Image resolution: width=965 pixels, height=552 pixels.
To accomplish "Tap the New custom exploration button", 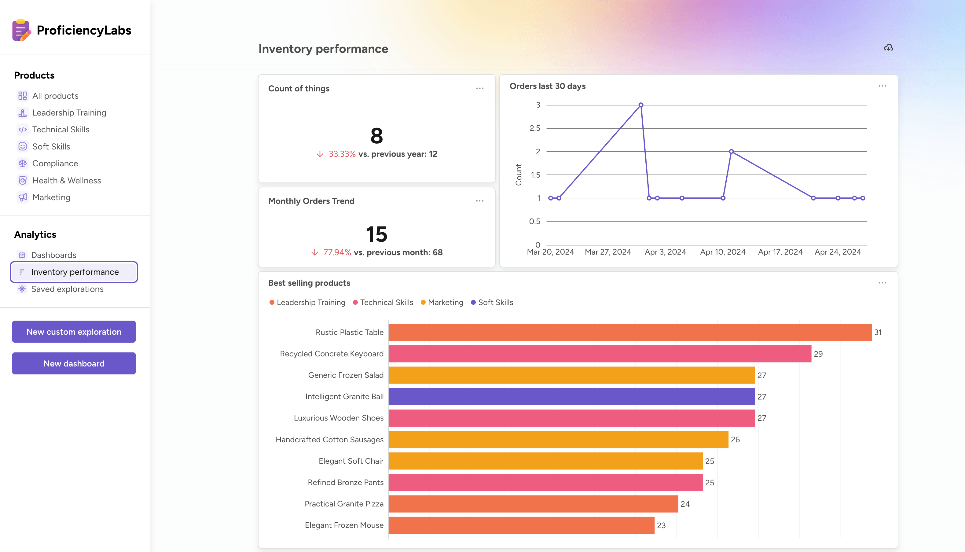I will pyautogui.click(x=74, y=331).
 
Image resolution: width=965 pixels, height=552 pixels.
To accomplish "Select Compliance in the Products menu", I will pyautogui.click(x=55, y=164).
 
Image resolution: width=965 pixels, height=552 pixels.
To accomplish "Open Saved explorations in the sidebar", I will pyautogui.click(x=67, y=289).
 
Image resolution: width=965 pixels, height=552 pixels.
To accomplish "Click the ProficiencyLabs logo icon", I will pyautogui.click(x=21, y=30).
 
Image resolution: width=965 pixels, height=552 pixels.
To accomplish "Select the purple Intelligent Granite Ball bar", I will pyautogui.click(x=571, y=396).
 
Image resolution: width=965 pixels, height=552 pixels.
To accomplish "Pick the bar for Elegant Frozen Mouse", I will pyautogui.click(x=521, y=525).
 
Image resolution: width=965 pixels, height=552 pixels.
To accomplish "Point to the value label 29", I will pyautogui.click(x=818, y=354).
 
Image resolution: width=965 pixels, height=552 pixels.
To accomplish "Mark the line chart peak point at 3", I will pyautogui.click(x=640, y=105).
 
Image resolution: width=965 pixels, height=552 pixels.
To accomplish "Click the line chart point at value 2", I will pyautogui.click(x=731, y=152).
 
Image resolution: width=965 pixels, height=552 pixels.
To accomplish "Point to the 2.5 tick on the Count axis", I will pyautogui.click(x=535, y=128).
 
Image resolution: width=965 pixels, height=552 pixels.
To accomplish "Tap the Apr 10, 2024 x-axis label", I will pyautogui.click(x=722, y=252).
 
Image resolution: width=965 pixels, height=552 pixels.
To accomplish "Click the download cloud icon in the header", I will pyautogui.click(x=888, y=48).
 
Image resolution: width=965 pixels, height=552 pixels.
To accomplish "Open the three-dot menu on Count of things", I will pyautogui.click(x=479, y=88).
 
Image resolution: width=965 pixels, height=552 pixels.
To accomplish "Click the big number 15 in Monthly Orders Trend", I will pyautogui.click(x=376, y=234).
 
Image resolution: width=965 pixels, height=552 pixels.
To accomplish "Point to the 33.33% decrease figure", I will pyautogui.click(x=342, y=154).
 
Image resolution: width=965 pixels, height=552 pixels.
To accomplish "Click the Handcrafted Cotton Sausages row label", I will pyautogui.click(x=329, y=440).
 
